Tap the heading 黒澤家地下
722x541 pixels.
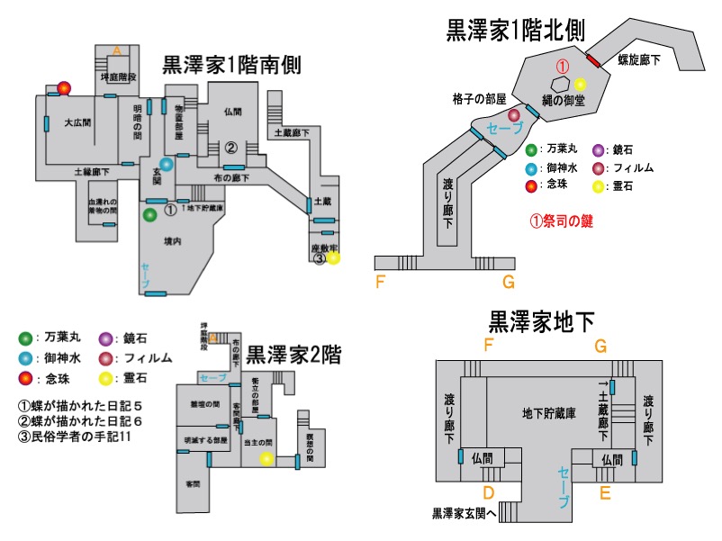[542, 321]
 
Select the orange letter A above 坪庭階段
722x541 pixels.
[116, 50]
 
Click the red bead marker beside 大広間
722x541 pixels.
[64, 88]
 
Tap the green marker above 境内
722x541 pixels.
[149, 215]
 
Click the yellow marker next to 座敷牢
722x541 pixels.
[333, 258]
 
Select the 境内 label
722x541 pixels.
[174, 242]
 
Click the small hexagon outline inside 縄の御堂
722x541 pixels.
[560, 84]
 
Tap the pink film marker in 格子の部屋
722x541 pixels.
[514, 115]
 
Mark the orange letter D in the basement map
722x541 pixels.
[488, 492]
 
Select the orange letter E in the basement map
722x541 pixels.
[604, 492]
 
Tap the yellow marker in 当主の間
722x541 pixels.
[266, 458]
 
